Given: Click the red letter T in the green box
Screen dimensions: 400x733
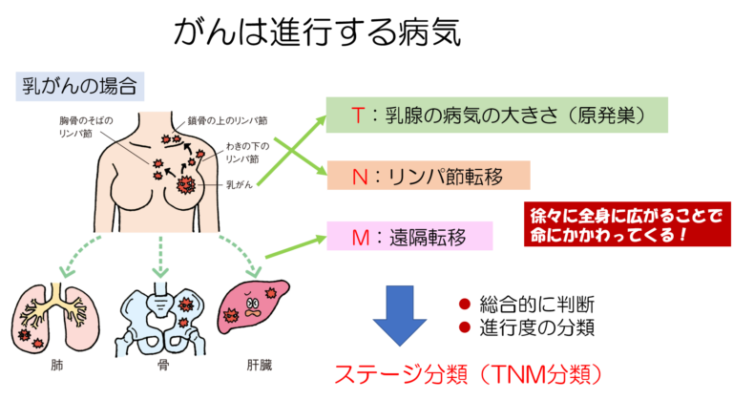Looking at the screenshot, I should coord(358,116).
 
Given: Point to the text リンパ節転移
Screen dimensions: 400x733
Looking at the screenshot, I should coord(434,177).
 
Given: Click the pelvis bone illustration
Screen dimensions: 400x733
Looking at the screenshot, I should coord(160,312).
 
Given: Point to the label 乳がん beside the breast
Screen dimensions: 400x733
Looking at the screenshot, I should coord(238,183).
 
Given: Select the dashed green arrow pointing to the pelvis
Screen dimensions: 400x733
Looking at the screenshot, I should coord(160,250).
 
